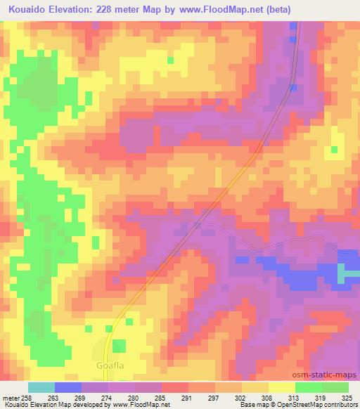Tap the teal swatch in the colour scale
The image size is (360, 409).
41,387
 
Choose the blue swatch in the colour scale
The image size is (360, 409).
69,387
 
